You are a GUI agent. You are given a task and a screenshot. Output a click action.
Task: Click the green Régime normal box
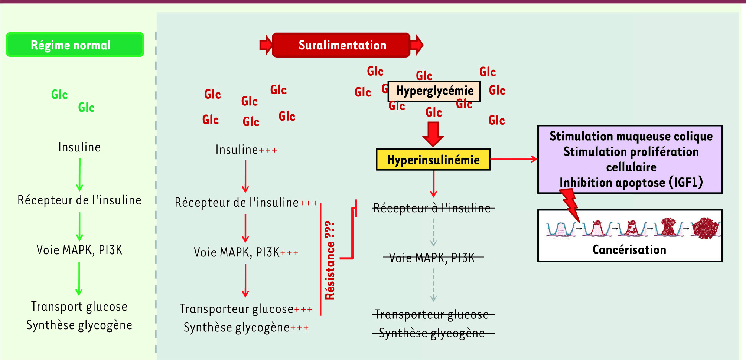(75, 45)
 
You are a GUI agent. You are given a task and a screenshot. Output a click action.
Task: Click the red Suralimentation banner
(341, 45)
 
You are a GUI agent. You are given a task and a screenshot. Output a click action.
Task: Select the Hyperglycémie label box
(434, 91)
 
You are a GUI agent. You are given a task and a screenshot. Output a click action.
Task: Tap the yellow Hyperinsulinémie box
(433, 160)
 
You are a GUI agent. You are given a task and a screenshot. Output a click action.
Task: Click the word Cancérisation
(629, 250)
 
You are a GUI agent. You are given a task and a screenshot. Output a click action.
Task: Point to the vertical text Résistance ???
(330, 260)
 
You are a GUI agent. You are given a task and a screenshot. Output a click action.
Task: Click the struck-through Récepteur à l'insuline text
(432, 208)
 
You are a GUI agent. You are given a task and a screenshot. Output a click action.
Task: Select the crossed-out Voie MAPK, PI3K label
(432, 258)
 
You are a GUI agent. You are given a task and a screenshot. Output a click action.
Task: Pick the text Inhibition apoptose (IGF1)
(631, 183)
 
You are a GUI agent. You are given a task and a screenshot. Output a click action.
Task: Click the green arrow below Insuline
(79, 174)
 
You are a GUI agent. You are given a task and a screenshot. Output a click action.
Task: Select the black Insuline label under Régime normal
(79, 147)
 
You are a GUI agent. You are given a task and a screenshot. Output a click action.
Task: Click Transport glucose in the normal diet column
(79, 307)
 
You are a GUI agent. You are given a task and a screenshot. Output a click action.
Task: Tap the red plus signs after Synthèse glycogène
(299, 328)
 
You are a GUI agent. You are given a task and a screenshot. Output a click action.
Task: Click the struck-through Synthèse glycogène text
(432, 333)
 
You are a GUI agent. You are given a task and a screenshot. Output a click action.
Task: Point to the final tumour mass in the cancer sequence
(706, 228)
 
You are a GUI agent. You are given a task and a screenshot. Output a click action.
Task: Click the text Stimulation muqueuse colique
(631, 136)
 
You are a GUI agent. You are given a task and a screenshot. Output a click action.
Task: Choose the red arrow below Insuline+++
(245, 176)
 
